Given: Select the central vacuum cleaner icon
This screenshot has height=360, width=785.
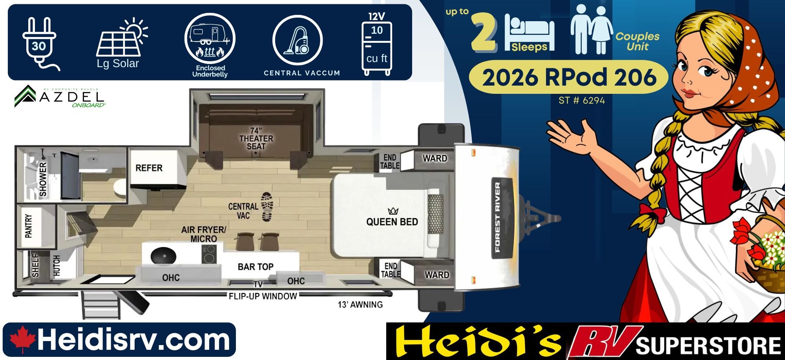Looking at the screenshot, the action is coord(297,40).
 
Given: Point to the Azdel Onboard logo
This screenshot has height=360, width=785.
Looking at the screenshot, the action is coord(60,96).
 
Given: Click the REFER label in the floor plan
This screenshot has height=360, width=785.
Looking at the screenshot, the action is coord(149,168).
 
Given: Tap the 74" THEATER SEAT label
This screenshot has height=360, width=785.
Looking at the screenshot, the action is coord(256,138).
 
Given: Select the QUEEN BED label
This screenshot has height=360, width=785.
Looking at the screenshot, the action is coord(392,222).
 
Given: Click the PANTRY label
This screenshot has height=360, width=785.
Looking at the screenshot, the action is coord(29,226).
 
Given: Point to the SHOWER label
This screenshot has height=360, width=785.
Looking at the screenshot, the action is coord(43,179).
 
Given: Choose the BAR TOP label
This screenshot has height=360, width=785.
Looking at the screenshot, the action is coord(256,267).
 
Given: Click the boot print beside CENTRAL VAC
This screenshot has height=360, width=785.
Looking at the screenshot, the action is coord(267,207).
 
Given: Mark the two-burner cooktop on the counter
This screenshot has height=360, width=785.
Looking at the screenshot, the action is coord(209,254).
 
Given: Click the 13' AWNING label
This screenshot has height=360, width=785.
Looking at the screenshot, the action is coord(360,305).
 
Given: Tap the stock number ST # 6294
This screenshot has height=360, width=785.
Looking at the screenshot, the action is coord(582,101).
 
